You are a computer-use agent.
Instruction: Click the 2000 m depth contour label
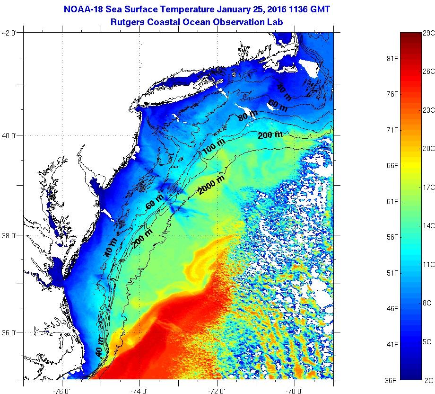pos(211,184)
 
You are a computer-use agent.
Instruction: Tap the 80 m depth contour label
pos(248,115)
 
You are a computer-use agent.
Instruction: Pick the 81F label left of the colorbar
pos(392,59)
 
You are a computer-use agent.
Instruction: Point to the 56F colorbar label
pos(392,237)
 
